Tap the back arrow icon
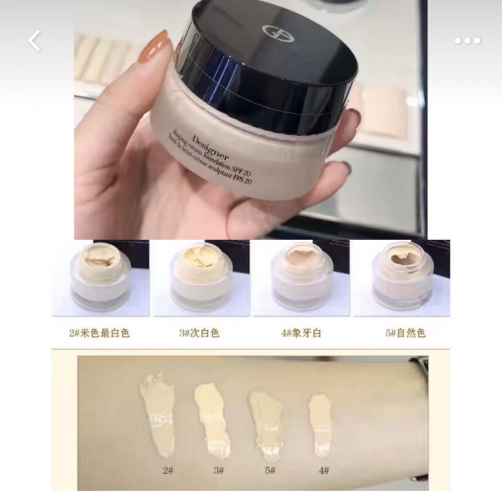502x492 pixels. [34, 41]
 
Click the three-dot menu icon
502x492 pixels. [467, 41]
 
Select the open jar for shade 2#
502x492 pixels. [100, 278]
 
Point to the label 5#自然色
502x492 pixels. [405, 333]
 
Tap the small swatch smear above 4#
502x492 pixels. [320, 422]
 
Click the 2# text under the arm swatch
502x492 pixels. [167, 470]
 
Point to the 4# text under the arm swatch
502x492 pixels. [324, 470]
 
